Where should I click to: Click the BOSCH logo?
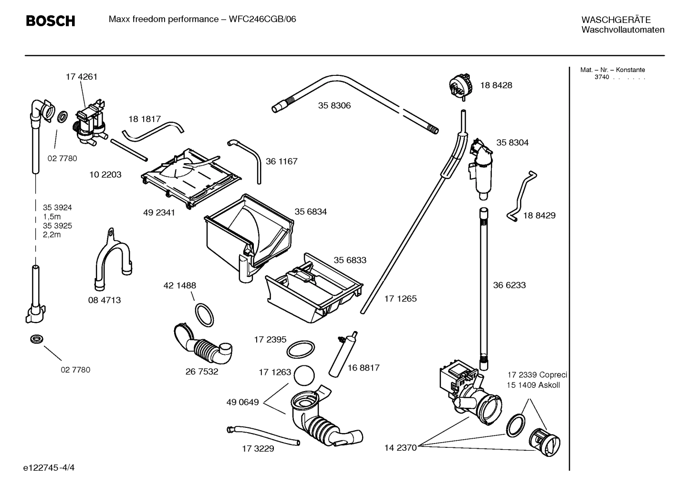coord(50,21)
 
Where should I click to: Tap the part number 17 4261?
coord(81,77)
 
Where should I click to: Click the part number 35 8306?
coord(334,106)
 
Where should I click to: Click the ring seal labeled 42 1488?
coord(204,315)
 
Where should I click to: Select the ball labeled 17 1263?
coord(304,375)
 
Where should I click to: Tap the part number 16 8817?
coord(364,368)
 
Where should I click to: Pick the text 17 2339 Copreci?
coord(536,375)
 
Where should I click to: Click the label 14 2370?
coord(400,447)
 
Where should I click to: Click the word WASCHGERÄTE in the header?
coord(615,20)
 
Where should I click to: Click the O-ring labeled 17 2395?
coord(301,350)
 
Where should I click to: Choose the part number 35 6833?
coord(350,260)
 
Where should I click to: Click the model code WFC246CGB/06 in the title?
coord(262,20)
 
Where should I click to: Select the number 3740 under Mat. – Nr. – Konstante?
coord(601,77)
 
